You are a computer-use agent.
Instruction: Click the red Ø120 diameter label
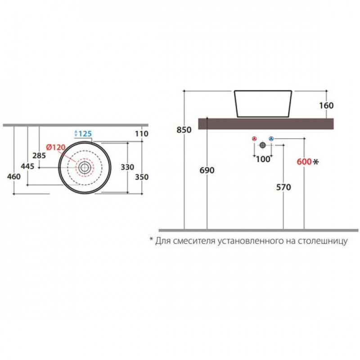click(56, 147)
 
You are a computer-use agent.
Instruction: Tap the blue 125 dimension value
click(85, 134)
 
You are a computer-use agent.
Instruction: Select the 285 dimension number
click(39, 156)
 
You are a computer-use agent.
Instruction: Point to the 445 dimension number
click(27, 166)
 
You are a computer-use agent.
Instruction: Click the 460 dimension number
click(14, 176)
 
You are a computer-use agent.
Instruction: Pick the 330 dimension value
click(127, 167)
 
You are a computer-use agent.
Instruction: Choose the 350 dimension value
click(142, 177)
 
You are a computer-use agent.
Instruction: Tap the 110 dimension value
click(142, 134)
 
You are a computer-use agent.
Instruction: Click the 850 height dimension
click(184, 130)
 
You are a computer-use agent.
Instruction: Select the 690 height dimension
click(207, 171)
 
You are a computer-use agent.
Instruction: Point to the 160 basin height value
click(326, 106)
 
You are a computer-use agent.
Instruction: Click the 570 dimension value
click(283, 187)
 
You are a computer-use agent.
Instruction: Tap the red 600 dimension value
click(304, 162)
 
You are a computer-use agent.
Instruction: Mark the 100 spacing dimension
click(263, 159)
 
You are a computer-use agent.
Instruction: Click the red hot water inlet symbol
click(254, 139)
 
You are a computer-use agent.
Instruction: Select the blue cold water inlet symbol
click(271, 139)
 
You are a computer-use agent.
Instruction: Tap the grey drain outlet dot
click(263, 145)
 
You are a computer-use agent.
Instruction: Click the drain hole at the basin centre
click(85, 167)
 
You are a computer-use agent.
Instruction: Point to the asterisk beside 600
click(316, 162)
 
